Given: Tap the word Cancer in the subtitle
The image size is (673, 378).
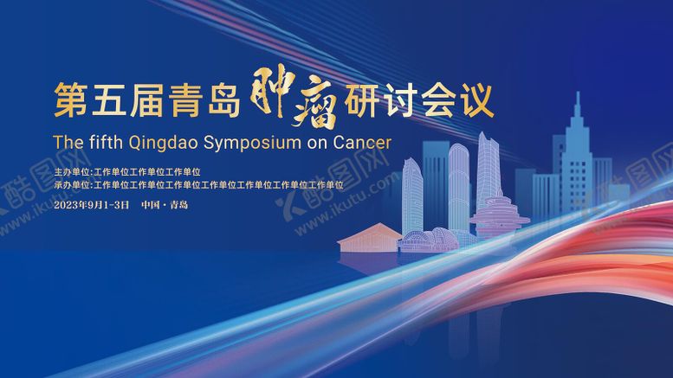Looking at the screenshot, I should [x=361, y=142].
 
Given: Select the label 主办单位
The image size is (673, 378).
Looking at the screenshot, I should [x=72, y=172].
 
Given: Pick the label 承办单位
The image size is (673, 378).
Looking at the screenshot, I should [x=72, y=184].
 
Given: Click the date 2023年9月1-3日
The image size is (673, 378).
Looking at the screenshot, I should [x=91, y=205].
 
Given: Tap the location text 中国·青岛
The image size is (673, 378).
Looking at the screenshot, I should [x=164, y=205].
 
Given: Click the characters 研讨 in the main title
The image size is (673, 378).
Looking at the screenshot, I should [x=389, y=101].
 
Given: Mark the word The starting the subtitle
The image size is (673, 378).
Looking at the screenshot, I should [x=67, y=142].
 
